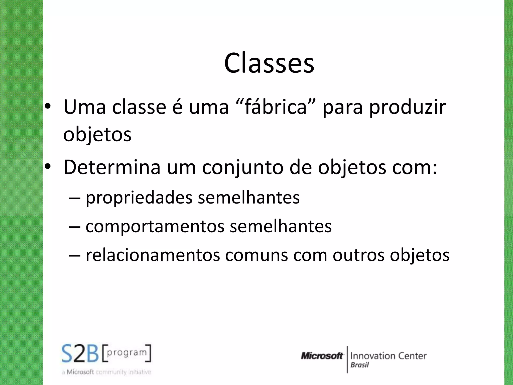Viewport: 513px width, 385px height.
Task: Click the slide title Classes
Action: click(x=269, y=63)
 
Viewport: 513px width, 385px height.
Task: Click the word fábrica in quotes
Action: click(x=276, y=107)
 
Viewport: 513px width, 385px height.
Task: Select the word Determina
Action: click(x=112, y=167)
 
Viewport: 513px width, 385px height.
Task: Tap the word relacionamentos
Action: click(x=153, y=255)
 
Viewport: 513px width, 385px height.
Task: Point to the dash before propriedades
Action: click(x=74, y=198)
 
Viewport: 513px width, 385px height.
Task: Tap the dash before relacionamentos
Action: click(x=74, y=255)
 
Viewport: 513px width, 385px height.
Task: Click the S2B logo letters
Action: click(x=80, y=354)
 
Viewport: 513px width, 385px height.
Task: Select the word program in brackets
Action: click(x=126, y=352)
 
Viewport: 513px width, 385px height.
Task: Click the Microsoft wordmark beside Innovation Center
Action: click(x=322, y=356)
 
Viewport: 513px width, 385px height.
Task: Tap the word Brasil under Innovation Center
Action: click(x=360, y=365)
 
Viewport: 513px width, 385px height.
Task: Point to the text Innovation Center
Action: click(x=388, y=356)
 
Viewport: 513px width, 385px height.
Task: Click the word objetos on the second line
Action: click(x=97, y=135)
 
